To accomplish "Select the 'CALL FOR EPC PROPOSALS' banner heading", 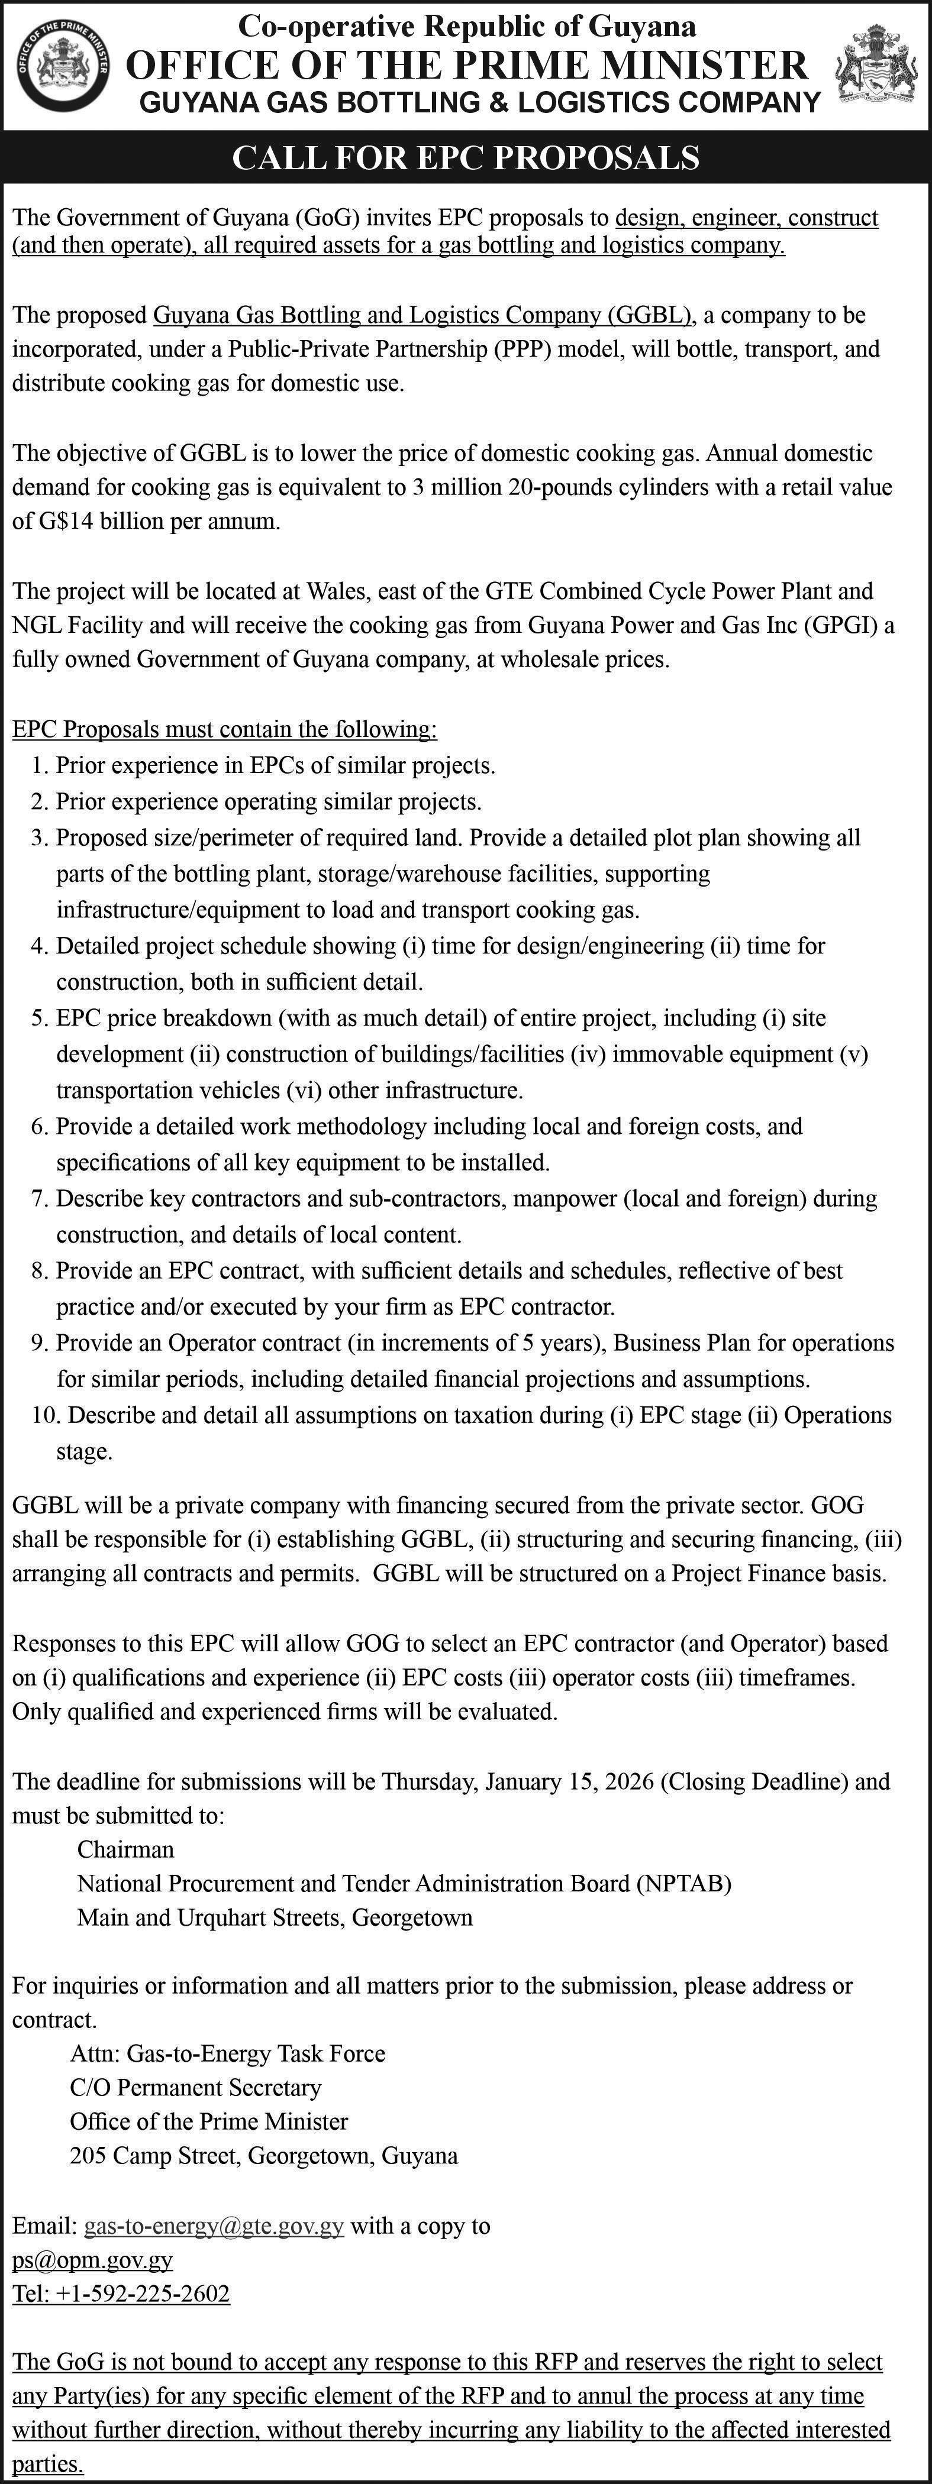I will (x=466, y=157).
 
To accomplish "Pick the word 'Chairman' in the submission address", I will (x=125, y=1849).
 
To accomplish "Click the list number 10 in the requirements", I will (x=44, y=1415).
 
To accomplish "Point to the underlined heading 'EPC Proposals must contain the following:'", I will (x=224, y=729).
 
